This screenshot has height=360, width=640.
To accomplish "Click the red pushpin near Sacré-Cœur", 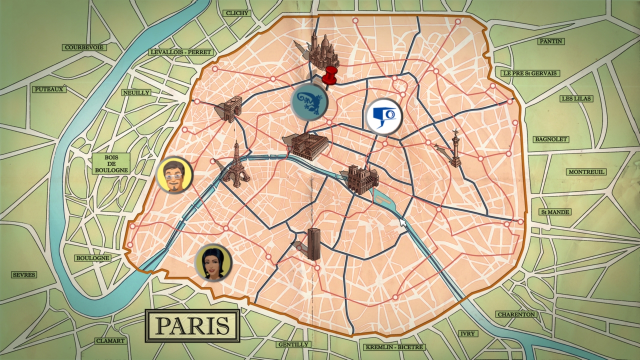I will point(330,76).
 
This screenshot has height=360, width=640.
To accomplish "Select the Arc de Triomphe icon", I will point(230,108).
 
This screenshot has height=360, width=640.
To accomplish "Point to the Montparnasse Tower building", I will point(313,243).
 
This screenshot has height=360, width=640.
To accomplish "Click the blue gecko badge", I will point(308,102).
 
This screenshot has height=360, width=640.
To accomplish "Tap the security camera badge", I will point(384,117).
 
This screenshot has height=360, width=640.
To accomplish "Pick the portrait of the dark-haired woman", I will point(213,262).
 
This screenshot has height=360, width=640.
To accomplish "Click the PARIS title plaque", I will point(192,325).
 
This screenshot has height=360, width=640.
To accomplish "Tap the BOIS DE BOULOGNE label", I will point(110,163).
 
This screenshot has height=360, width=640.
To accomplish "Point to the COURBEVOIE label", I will point(84,47).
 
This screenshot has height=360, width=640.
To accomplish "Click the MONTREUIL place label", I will point(586,172).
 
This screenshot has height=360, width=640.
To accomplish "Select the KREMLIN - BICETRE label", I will point(394,347).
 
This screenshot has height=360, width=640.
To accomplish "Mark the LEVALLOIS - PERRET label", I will point(181,52).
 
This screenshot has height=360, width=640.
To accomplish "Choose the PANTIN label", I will point(550,41).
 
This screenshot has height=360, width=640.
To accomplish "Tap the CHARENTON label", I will point(516,314).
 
